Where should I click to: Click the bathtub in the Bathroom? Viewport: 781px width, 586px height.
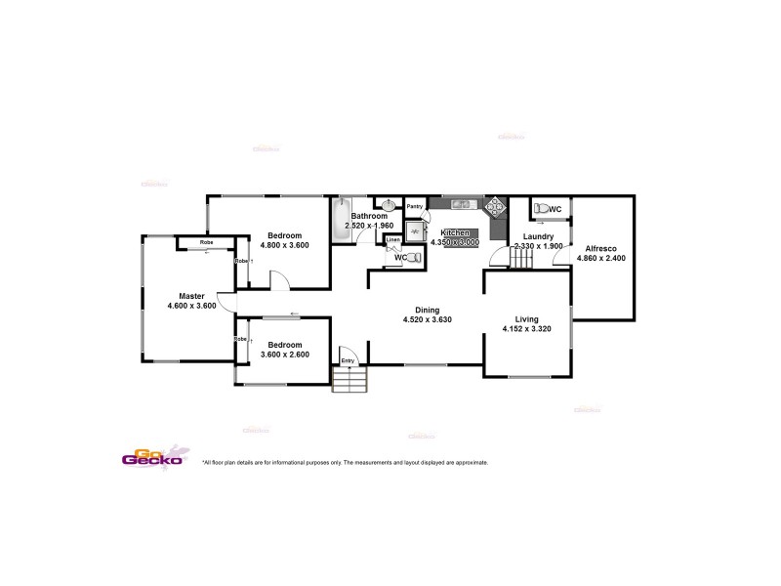tap(341, 220)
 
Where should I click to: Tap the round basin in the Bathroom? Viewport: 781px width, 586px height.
tap(389, 205)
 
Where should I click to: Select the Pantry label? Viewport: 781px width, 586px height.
tap(415, 206)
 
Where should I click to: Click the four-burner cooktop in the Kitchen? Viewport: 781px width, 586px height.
tap(496, 207)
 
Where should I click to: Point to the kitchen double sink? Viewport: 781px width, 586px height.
tap(463, 204)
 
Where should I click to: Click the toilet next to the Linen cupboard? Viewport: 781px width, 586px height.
tap(415, 258)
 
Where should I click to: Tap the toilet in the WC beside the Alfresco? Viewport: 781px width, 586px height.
tap(539, 209)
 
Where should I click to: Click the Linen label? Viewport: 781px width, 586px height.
tap(392, 239)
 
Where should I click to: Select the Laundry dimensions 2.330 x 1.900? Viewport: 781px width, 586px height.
tap(539, 246)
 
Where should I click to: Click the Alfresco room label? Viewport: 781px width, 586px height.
tap(599, 248)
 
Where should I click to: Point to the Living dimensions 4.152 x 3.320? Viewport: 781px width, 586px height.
tap(527, 329)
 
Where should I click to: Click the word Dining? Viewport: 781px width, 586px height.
tap(427, 309)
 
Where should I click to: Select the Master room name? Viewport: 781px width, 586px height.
tap(191, 296)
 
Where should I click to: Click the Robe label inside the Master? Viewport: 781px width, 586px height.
tap(207, 242)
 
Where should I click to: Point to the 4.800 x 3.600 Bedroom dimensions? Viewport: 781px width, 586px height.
tap(285, 245)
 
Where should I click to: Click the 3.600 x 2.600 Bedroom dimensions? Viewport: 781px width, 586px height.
tap(285, 355)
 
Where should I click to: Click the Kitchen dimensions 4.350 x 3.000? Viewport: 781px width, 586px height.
tap(455, 241)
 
